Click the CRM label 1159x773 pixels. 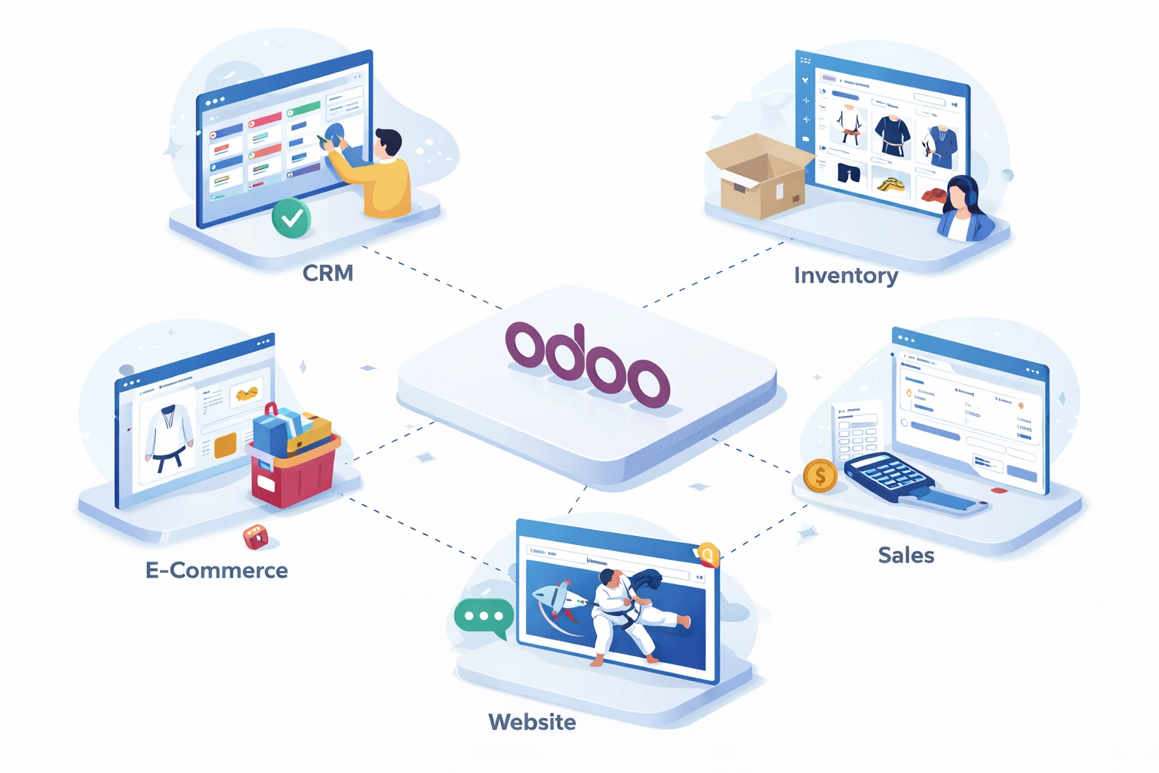point(327,273)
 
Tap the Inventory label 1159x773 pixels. point(845,276)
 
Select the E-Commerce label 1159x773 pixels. point(217,570)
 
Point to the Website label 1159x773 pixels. point(532,722)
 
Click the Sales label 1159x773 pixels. point(905,556)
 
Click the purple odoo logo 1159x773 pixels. point(587,363)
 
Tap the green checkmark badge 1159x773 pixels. point(291,218)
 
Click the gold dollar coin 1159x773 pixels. point(820,476)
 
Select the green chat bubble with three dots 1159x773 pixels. point(484,617)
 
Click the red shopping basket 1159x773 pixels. point(294,468)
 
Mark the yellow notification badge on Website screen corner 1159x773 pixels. point(707,556)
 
